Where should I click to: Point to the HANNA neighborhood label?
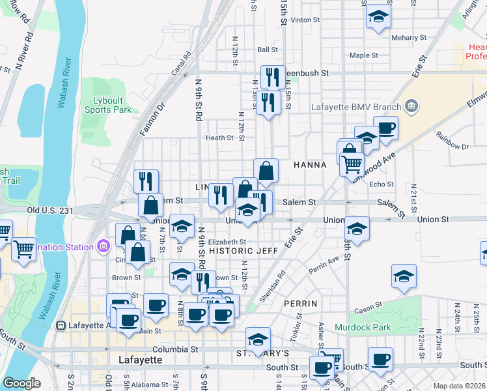pyautogui.click(x=309, y=165)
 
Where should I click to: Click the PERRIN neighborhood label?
pyautogui.click(x=300, y=304)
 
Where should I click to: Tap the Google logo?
pyautogui.click(x=21, y=383)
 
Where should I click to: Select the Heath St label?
pyautogui.click(x=219, y=138)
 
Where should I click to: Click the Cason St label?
pyautogui.click(x=369, y=308)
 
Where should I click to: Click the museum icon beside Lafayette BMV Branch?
pyautogui.click(x=411, y=106)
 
